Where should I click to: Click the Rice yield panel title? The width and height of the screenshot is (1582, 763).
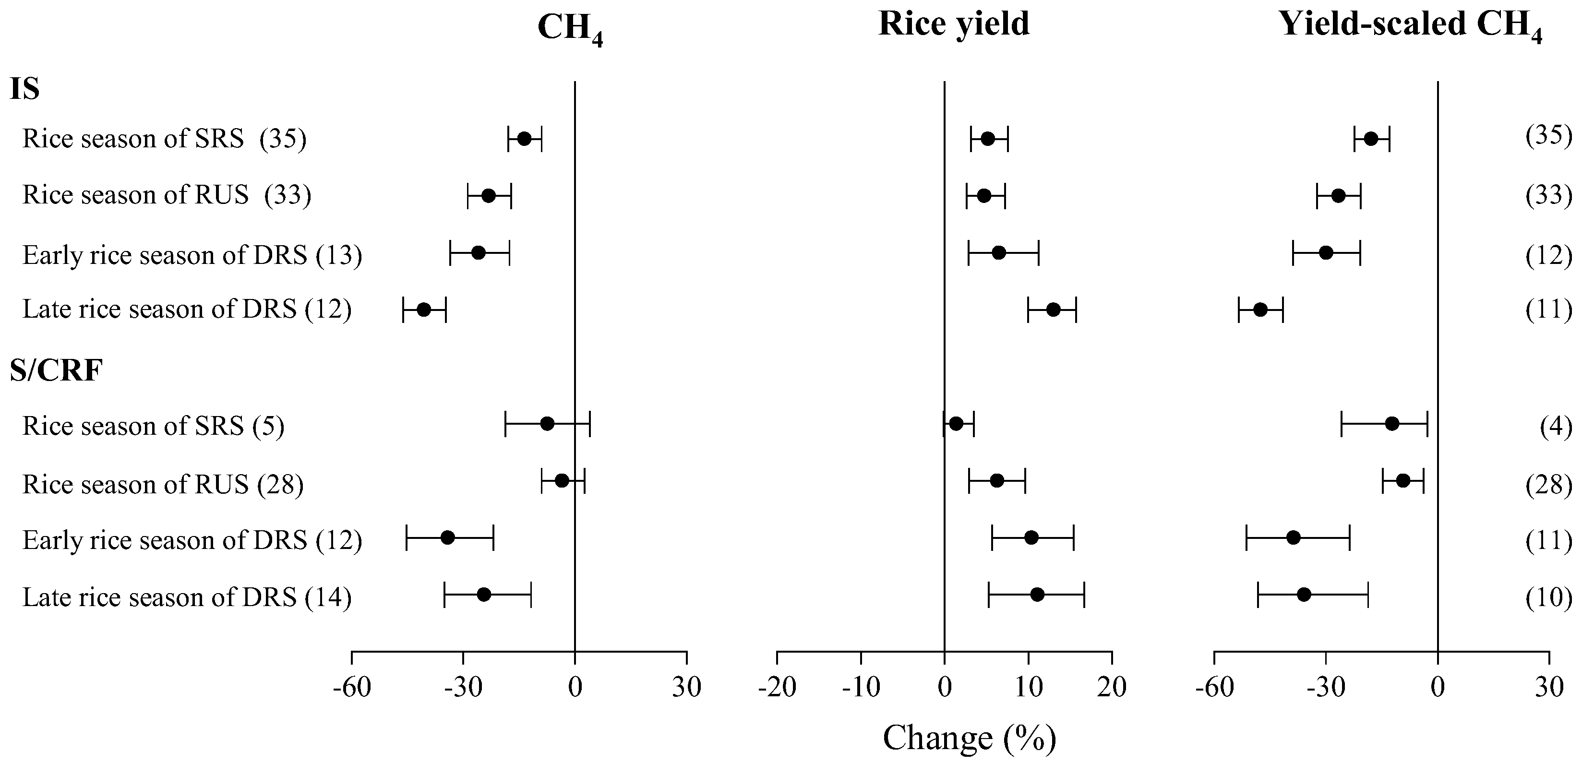point(953,24)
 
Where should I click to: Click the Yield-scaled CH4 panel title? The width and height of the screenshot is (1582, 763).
point(1410,26)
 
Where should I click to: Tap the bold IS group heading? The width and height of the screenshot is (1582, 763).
point(24,89)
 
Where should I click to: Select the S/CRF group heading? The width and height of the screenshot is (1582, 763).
point(56,370)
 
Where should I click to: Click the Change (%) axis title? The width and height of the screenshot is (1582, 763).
point(969,738)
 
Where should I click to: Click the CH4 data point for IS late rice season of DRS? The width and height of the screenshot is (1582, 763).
point(424,310)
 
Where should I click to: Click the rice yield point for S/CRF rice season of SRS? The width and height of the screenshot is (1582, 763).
point(956,424)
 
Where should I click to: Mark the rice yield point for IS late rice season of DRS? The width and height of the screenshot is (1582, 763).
point(1053,310)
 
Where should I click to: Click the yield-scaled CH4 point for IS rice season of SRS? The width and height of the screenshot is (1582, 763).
point(1371,139)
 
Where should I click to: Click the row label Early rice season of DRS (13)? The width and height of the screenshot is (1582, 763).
point(192,254)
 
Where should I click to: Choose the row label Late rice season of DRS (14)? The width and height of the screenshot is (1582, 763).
point(187,596)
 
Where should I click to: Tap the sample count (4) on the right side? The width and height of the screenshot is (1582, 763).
point(1556,425)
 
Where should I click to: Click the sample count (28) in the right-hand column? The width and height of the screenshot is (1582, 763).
point(1548,484)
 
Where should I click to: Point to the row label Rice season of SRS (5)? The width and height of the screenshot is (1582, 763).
point(153,425)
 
